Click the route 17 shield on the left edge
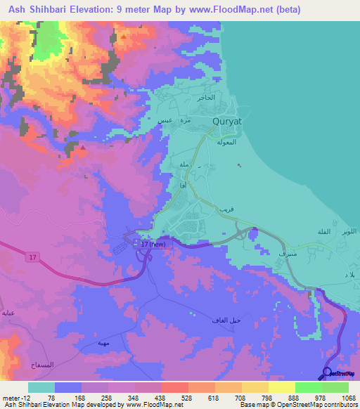(32, 259)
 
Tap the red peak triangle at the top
(124, 36)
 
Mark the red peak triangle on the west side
(83, 148)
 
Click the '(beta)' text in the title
(285, 9)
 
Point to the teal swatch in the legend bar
(41, 387)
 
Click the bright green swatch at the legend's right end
(335, 387)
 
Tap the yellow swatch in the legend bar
(282, 387)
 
